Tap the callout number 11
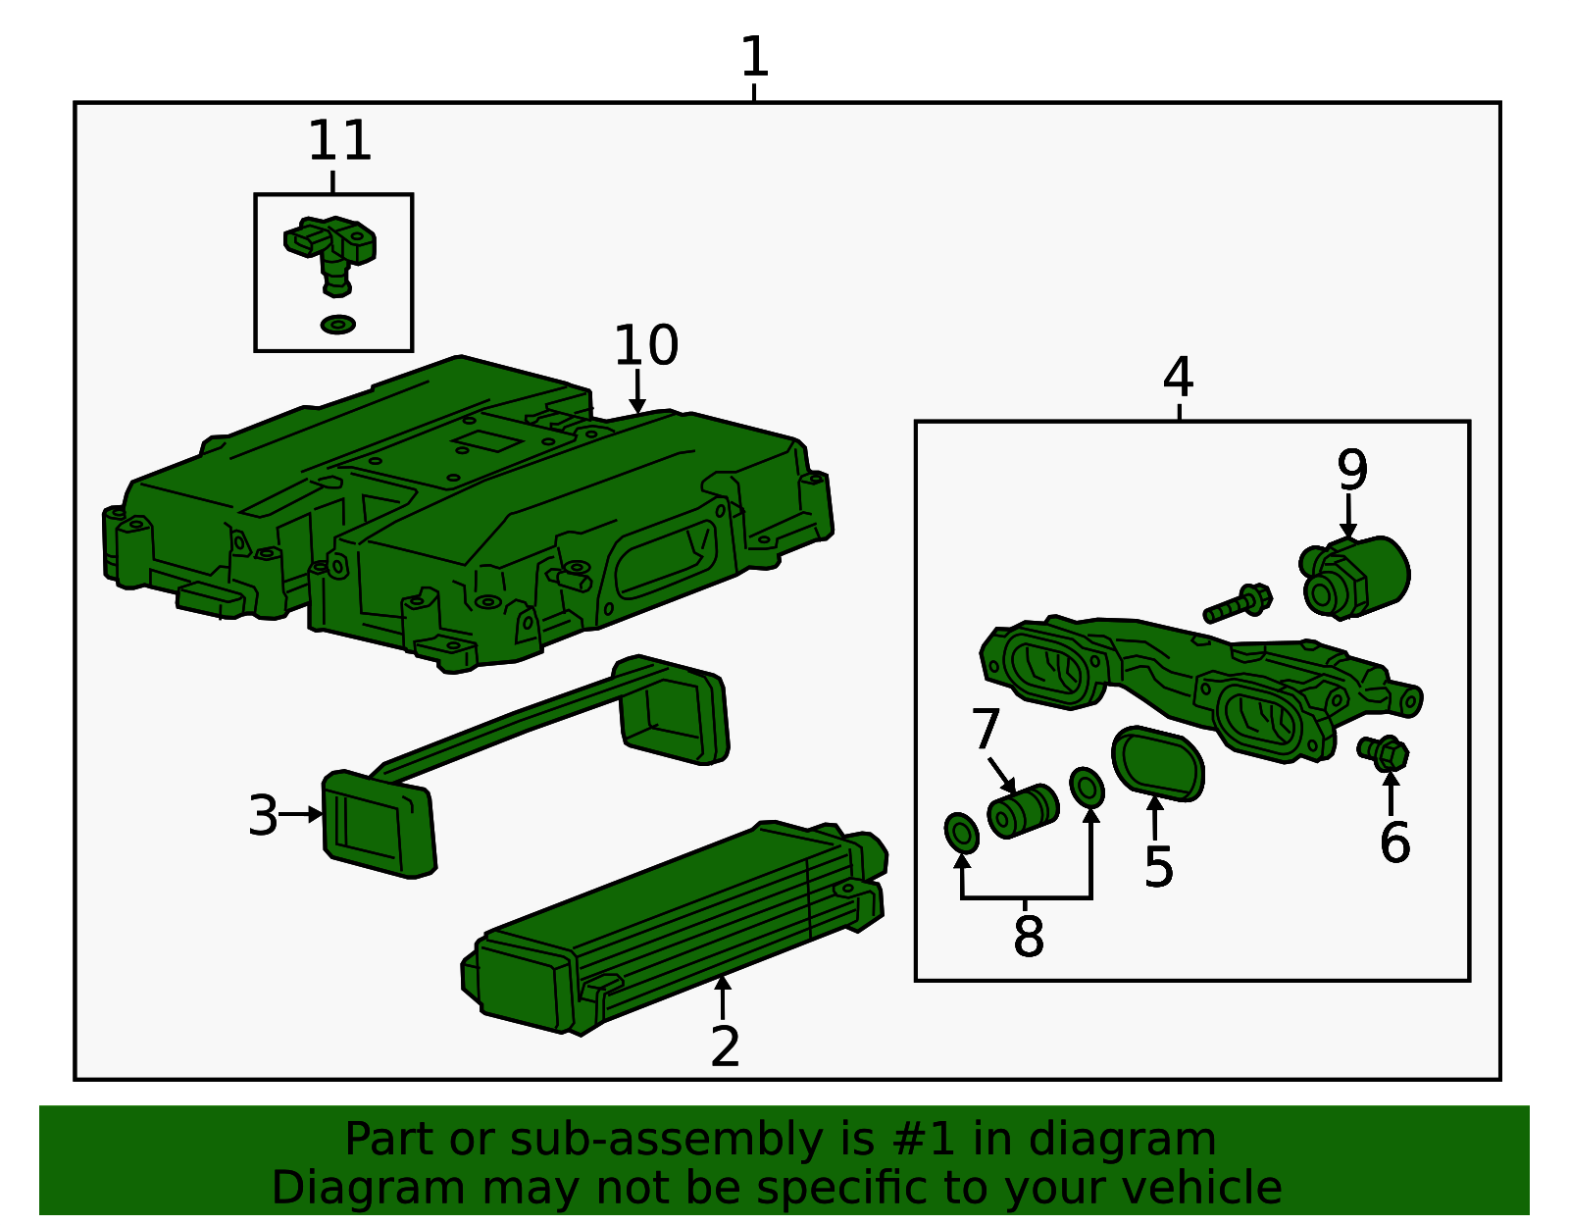(x=339, y=141)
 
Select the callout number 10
(x=645, y=345)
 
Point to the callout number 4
(x=1178, y=377)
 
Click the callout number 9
(x=1351, y=470)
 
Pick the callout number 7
(x=986, y=729)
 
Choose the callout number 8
(x=1029, y=937)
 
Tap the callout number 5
(x=1159, y=867)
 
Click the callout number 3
(x=263, y=816)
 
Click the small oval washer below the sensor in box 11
(x=338, y=325)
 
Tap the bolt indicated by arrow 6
(x=1383, y=753)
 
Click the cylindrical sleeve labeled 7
(x=1023, y=811)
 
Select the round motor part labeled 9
(x=1355, y=578)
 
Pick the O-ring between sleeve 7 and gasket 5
(x=1087, y=788)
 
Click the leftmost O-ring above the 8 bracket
(x=962, y=833)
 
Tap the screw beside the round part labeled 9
(x=1238, y=603)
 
